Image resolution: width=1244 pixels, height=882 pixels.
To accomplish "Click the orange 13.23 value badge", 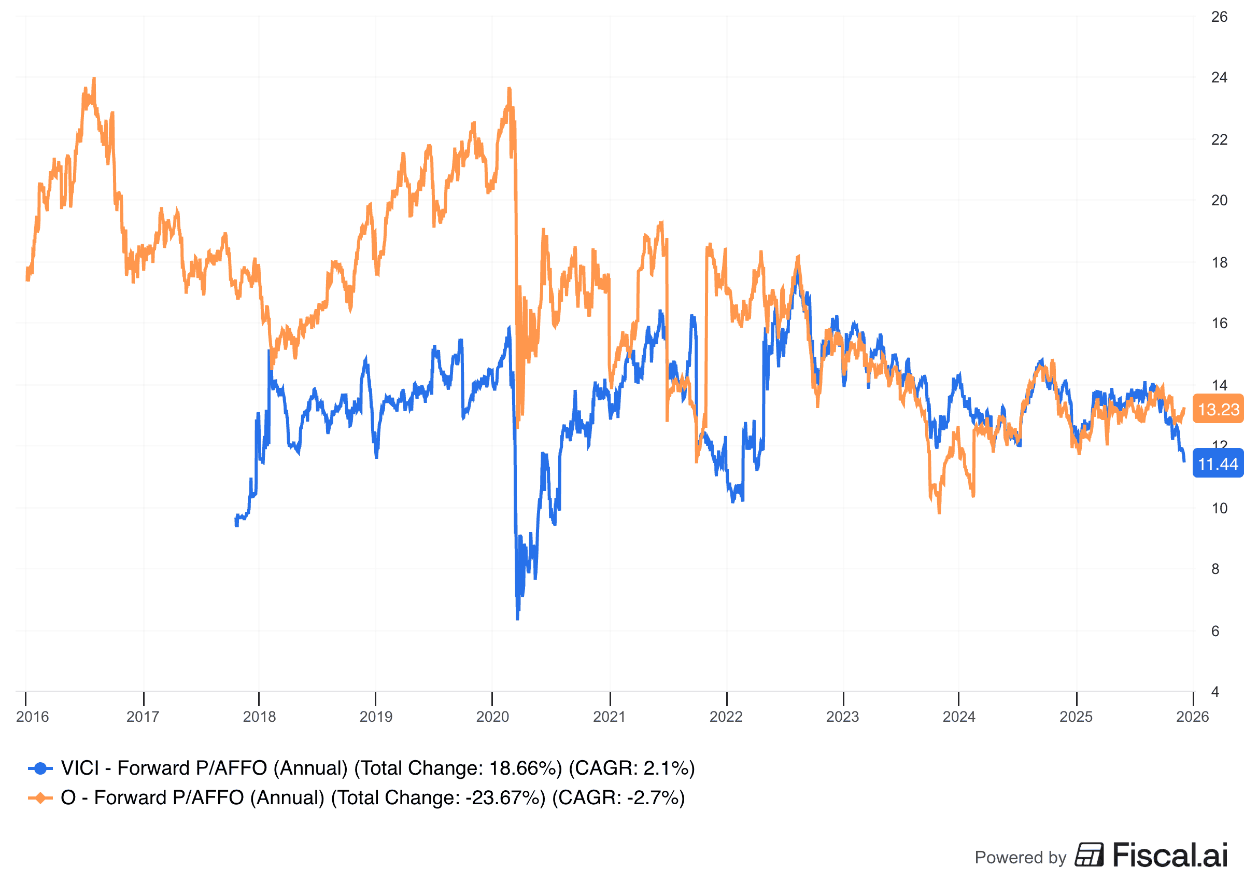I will [x=1218, y=409].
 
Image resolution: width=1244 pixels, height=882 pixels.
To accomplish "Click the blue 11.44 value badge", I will [x=1218, y=464].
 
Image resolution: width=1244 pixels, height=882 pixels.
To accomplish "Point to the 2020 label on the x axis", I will [x=492, y=717].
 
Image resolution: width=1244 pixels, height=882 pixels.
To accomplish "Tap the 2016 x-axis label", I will [x=33, y=717].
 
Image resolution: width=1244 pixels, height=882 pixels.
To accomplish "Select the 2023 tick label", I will [x=842, y=717].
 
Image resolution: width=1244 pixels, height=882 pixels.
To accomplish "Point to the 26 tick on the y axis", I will [x=1219, y=17].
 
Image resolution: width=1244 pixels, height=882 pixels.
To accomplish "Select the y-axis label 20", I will [x=1219, y=200].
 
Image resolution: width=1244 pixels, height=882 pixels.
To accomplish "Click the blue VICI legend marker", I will [x=40, y=768].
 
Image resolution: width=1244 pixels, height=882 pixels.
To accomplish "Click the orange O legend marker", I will [x=40, y=798].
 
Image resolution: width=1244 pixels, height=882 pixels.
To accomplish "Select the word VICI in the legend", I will [x=80, y=768].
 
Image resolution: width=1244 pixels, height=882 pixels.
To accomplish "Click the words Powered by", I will [x=1021, y=858].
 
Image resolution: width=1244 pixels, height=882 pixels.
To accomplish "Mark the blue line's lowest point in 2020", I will [x=517, y=619].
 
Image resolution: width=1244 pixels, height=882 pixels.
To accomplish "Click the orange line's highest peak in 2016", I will [x=94, y=79].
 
